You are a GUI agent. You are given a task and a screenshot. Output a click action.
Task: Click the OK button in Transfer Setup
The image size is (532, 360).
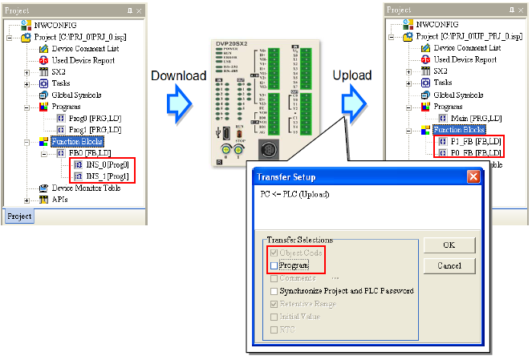(449, 245)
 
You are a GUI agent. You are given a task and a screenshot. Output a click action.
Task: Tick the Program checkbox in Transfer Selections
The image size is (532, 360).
(274, 265)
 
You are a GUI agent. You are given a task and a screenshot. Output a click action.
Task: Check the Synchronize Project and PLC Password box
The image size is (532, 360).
(274, 290)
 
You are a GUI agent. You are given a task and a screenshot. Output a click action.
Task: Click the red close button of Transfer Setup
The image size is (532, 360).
(473, 176)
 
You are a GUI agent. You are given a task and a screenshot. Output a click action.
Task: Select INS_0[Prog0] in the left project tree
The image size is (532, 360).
(100, 164)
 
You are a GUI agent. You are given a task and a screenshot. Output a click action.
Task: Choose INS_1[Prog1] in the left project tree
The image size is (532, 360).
(100, 176)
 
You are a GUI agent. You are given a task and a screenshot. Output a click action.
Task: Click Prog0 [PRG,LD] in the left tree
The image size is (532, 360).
(95, 117)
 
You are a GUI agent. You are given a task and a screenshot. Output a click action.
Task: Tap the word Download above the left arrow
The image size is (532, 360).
(176, 75)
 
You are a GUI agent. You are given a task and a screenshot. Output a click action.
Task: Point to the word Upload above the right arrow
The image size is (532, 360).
(352, 75)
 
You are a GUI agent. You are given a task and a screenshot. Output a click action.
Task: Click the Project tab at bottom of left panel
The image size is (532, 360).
(19, 216)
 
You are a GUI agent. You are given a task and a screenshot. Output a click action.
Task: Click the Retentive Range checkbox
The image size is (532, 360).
(274, 304)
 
